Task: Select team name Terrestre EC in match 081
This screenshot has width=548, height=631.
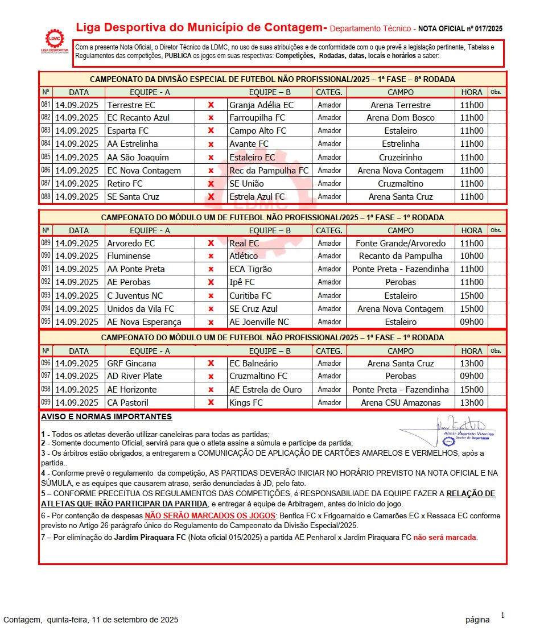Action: tap(131, 105)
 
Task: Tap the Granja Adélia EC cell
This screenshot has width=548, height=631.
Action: tap(261, 105)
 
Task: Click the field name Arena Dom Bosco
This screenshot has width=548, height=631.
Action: tap(400, 118)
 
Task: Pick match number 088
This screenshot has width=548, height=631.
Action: tap(46, 196)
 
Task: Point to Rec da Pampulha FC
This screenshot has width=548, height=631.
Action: tap(269, 171)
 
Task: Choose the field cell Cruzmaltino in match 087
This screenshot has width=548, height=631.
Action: tap(400, 184)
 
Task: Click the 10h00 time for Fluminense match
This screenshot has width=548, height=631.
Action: tap(471, 256)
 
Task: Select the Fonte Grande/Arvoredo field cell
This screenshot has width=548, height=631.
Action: tap(400, 244)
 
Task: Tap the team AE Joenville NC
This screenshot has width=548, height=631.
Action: tap(259, 322)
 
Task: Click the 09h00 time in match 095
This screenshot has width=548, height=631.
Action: tap(471, 322)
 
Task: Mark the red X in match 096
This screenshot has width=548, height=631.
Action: tap(211, 364)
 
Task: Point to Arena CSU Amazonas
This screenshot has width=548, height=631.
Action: tap(400, 403)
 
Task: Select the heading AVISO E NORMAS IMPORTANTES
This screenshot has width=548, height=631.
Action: tap(106, 417)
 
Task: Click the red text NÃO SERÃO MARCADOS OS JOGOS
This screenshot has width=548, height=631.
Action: tap(210, 516)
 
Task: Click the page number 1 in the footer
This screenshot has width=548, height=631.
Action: tap(502, 615)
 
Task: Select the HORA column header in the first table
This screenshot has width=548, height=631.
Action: tap(471, 92)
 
